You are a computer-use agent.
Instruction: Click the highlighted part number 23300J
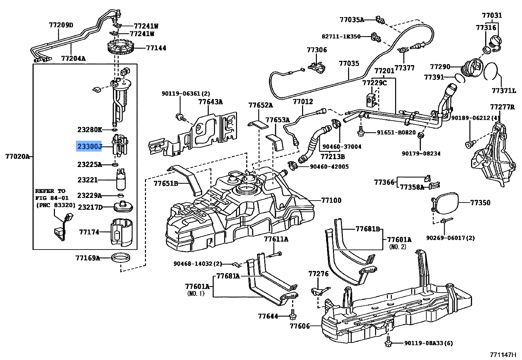pyautogui.click(x=89, y=147)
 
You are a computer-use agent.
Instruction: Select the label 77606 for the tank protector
pyautogui.click(x=299, y=326)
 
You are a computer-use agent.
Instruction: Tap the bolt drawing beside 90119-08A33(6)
pyautogui.click(x=388, y=343)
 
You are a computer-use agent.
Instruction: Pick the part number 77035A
pyautogui.click(x=352, y=20)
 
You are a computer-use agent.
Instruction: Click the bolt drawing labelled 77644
pyautogui.click(x=292, y=315)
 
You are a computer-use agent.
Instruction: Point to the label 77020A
pyautogui.click(x=17, y=156)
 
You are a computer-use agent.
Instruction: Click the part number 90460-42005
pyautogui.click(x=329, y=167)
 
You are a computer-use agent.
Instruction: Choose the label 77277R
pyautogui.click(x=502, y=107)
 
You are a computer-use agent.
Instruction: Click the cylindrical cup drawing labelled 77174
pyautogui.click(x=121, y=232)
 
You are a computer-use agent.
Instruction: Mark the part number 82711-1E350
pyautogui.click(x=341, y=36)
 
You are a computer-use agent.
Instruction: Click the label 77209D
pyautogui.click(x=61, y=25)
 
